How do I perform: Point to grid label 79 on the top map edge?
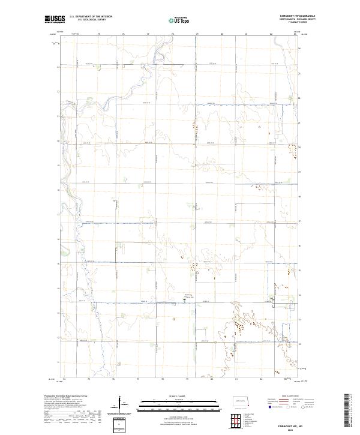(x=197, y=35)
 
